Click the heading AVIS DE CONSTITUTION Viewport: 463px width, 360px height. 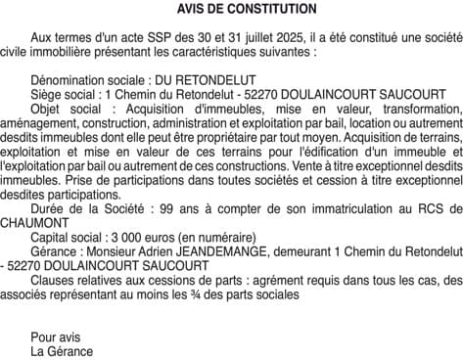(232, 9)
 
